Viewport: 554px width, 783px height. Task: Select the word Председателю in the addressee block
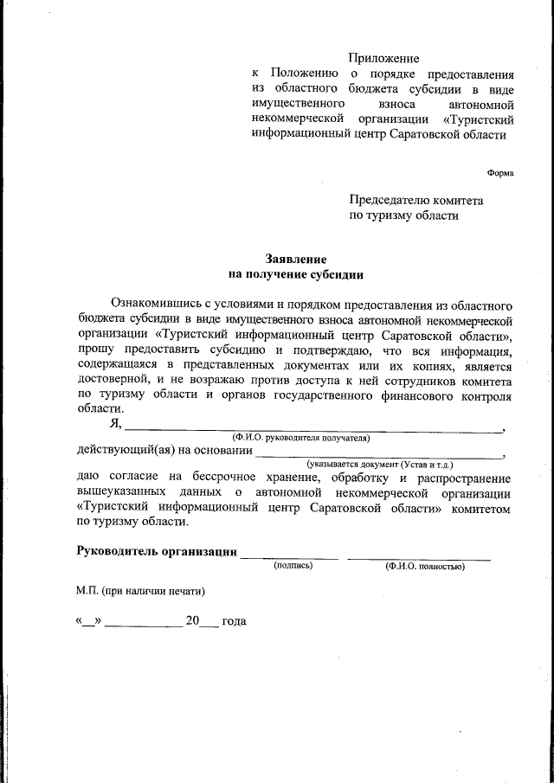click(x=387, y=200)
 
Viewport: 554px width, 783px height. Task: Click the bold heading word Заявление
click(x=295, y=259)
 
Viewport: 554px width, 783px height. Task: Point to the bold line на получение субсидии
click(x=295, y=274)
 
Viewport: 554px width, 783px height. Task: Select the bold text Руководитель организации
click(x=157, y=552)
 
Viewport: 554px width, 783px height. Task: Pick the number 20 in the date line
click(x=192, y=621)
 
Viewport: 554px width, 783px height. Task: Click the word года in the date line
click(x=234, y=621)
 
